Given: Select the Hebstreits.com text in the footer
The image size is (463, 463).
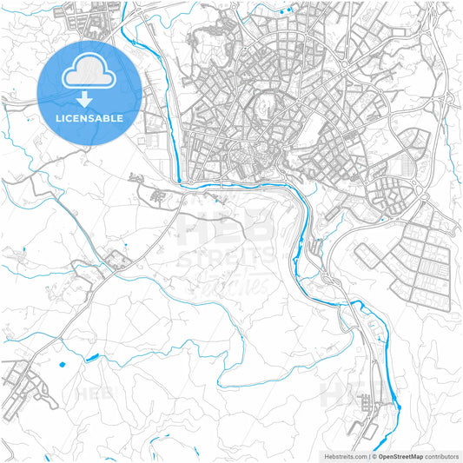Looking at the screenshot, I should (343, 455).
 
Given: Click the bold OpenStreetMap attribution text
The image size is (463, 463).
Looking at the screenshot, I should (400, 455).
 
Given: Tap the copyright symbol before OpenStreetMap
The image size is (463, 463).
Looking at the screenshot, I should (374, 455).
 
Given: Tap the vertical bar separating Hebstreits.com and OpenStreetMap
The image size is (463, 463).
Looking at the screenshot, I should (368, 455).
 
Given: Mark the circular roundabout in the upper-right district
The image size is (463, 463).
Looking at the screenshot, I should (346, 66).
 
